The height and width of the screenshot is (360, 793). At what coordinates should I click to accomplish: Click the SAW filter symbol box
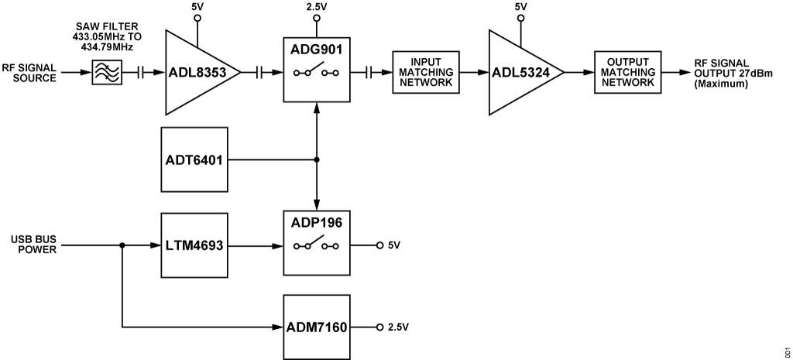(105, 74)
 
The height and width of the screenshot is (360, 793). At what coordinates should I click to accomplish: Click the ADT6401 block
(194, 160)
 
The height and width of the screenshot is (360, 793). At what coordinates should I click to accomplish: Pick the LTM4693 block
(194, 245)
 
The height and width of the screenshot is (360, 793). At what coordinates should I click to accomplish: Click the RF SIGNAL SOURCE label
(29, 73)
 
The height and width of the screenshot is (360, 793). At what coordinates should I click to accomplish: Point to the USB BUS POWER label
(29, 245)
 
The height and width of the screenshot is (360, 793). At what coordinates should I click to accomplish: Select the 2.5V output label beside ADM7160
(397, 327)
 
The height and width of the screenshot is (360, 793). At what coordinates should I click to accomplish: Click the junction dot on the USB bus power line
(122, 245)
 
